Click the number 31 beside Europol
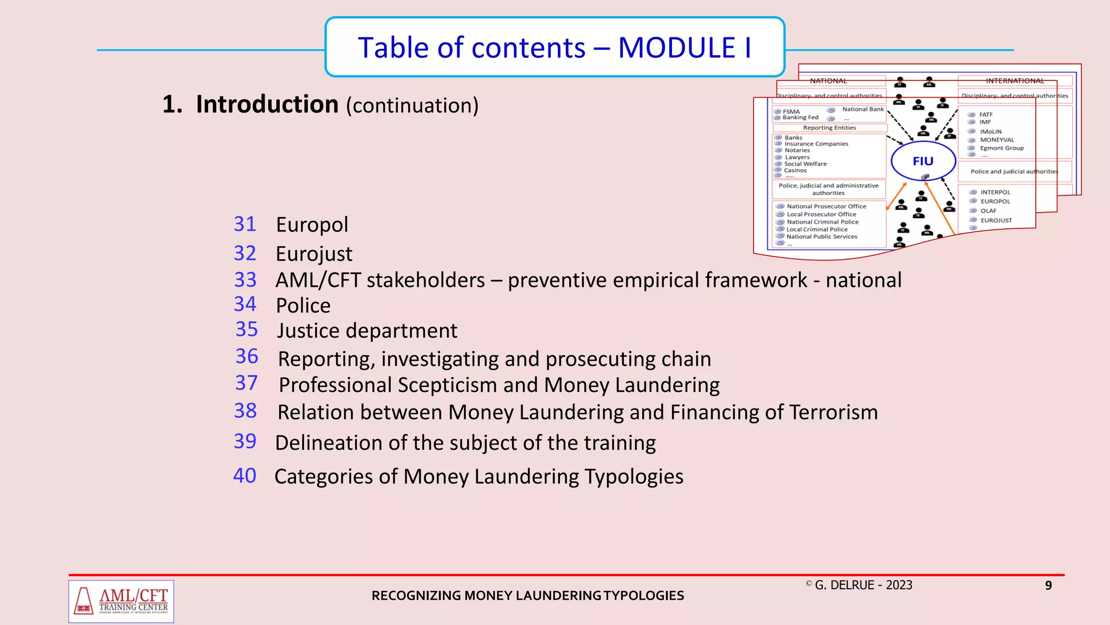pos(244,224)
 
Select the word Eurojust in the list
pos(314,254)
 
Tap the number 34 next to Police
pos(244,304)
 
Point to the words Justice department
pos(367,331)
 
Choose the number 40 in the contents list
pos(244,476)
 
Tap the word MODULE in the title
pos(676,48)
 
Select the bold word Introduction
pos(267,104)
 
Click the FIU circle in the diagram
pos(923,161)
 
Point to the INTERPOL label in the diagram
pos(995,192)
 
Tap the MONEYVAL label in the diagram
pos(997,140)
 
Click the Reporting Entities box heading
pos(829,128)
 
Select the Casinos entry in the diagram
pos(795,170)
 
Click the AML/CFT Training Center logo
pos(121,601)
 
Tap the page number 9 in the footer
pos(1048,585)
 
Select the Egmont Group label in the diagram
pos(1002,148)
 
